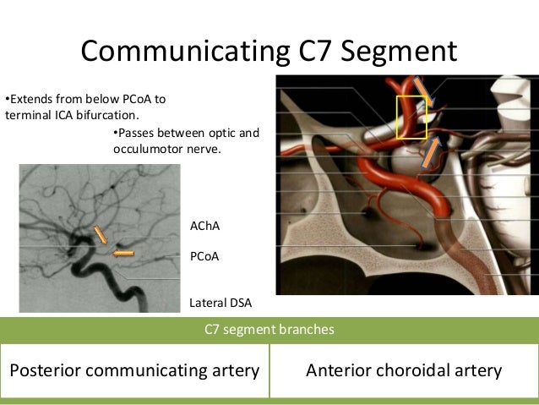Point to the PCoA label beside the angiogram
point(205,256)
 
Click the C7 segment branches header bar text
point(269,330)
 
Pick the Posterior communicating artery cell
point(133,370)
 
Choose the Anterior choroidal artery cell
point(404,370)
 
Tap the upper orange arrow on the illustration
point(422,91)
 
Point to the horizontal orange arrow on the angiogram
point(123,252)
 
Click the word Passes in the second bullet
point(134,134)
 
